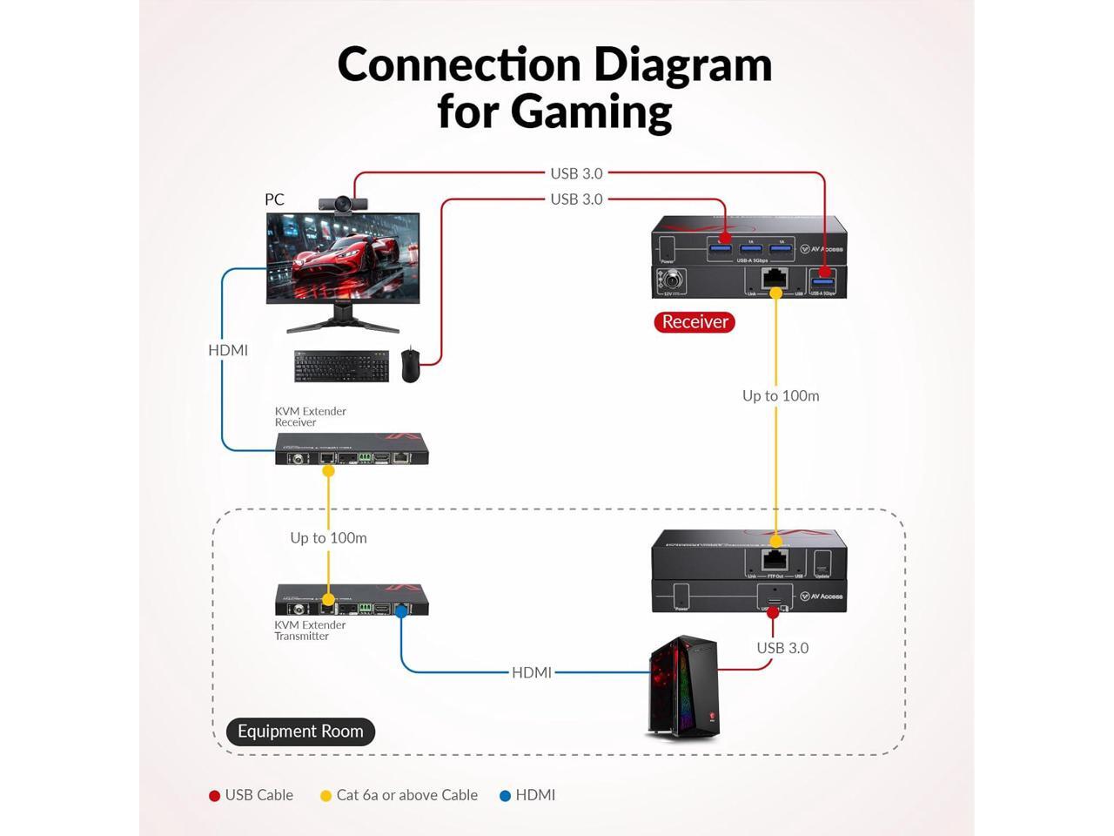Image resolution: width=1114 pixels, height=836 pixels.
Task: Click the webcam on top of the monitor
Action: (x=343, y=205)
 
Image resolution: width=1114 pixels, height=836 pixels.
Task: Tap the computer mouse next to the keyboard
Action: (x=410, y=366)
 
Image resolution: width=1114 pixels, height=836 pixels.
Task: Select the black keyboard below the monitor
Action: (x=341, y=366)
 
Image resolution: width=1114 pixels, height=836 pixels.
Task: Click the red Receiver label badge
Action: (x=695, y=322)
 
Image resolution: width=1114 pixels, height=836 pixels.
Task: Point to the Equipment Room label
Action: (x=300, y=731)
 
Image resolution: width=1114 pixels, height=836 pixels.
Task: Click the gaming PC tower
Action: (x=683, y=686)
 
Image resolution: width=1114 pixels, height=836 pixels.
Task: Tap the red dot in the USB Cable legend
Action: (x=214, y=796)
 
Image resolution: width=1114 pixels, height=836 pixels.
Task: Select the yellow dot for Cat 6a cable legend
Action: (x=325, y=796)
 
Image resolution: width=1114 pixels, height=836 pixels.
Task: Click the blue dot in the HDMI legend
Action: (x=505, y=796)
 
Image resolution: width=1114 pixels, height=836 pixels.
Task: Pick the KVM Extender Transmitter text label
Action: (x=310, y=630)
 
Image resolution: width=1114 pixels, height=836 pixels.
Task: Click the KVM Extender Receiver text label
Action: (x=310, y=417)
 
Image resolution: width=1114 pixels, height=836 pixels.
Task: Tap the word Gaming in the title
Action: (x=591, y=112)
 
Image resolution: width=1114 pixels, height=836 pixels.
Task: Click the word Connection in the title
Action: (x=459, y=65)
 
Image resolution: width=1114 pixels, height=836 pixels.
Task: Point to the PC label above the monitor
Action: (x=274, y=199)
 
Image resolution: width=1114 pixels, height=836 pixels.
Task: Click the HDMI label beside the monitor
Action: (x=228, y=350)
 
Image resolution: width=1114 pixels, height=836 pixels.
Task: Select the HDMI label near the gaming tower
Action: (x=531, y=672)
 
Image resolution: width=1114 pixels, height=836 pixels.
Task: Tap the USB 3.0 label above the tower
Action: (x=782, y=648)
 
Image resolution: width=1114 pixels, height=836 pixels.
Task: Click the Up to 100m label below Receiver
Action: (x=781, y=396)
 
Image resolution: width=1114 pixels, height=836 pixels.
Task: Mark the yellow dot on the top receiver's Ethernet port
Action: (x=775, y=293)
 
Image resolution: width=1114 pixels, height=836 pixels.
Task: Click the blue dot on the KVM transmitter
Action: (x=401, y=612)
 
